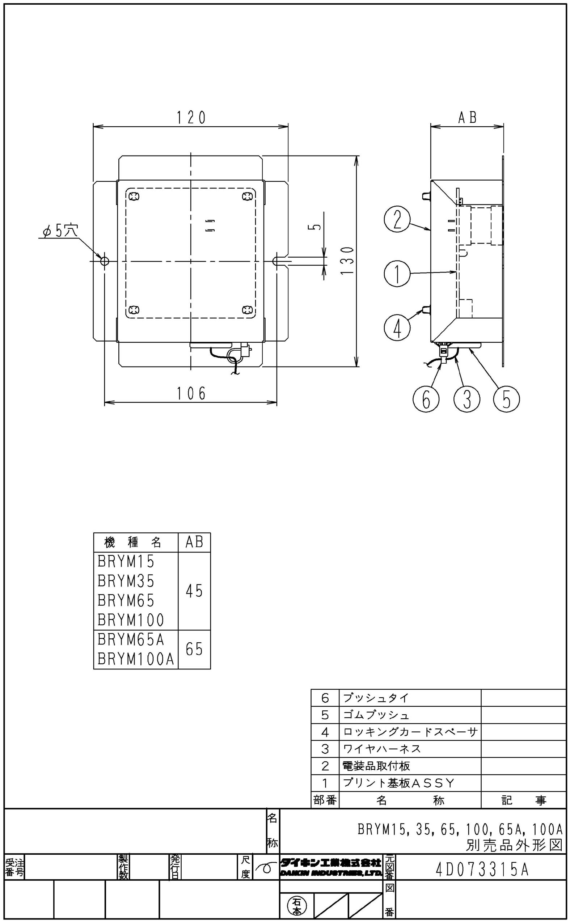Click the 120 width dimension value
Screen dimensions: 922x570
pyautogui.click(x=191, y=118)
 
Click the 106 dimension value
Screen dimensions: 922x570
pyautogui.click(x=191, y=394)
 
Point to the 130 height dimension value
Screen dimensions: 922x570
pyautogui.click(x=349, y=261)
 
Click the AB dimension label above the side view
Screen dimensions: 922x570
pyautogui.click(x=467, y=118)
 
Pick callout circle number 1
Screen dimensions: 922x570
pyautogui.click(x=397, y=274)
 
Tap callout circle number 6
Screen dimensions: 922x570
pyautogui.click(x=426, y=399)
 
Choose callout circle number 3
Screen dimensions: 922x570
pyautogui.click(x=467, y=399)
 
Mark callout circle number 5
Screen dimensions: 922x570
pyautogui.click(x=506, y=399)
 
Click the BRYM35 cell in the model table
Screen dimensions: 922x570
pyautogui.click(x=126, y=581)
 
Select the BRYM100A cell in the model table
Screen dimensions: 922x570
pyautogui.click(x=136, y=659)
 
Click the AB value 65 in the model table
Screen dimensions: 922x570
pyautogui.click(x=194, y=649)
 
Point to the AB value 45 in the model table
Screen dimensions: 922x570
pyautogui.click(x=194, y=591)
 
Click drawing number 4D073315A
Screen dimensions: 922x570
pyautogui.click(x=482, y=870)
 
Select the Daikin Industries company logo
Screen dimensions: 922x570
pyautogui.click(x=331, y=867)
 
